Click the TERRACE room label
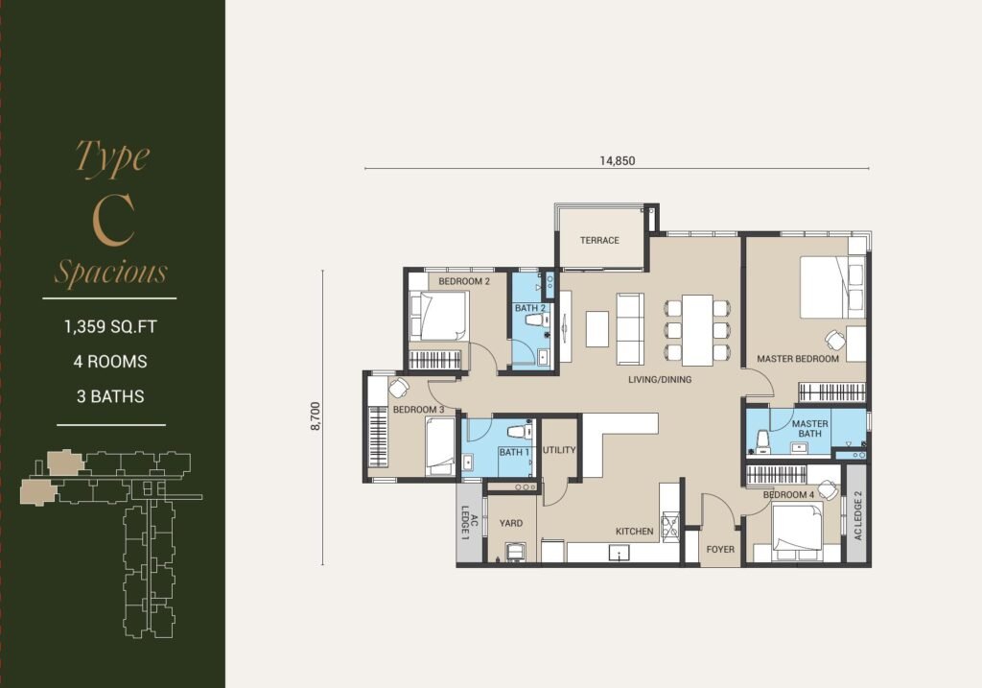(x=599, y=240)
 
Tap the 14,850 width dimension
(x=618, y=161)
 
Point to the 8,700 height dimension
(x=315, y=416)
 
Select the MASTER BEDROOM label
(x=798, y=359)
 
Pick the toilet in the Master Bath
(x=762, y=441)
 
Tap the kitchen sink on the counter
(x=620, y=552)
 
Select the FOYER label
(x=720, y=550)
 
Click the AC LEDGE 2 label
(x=858, y=515)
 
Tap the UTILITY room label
(x=559, y=450)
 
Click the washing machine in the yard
(x=517, y=552)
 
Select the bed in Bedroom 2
(x=439, y=316)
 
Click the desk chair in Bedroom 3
(x=398, y=388)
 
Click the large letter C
(x=113, y=220)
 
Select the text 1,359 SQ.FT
(x=110, y=327)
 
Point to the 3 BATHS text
(x=110, y=396)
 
